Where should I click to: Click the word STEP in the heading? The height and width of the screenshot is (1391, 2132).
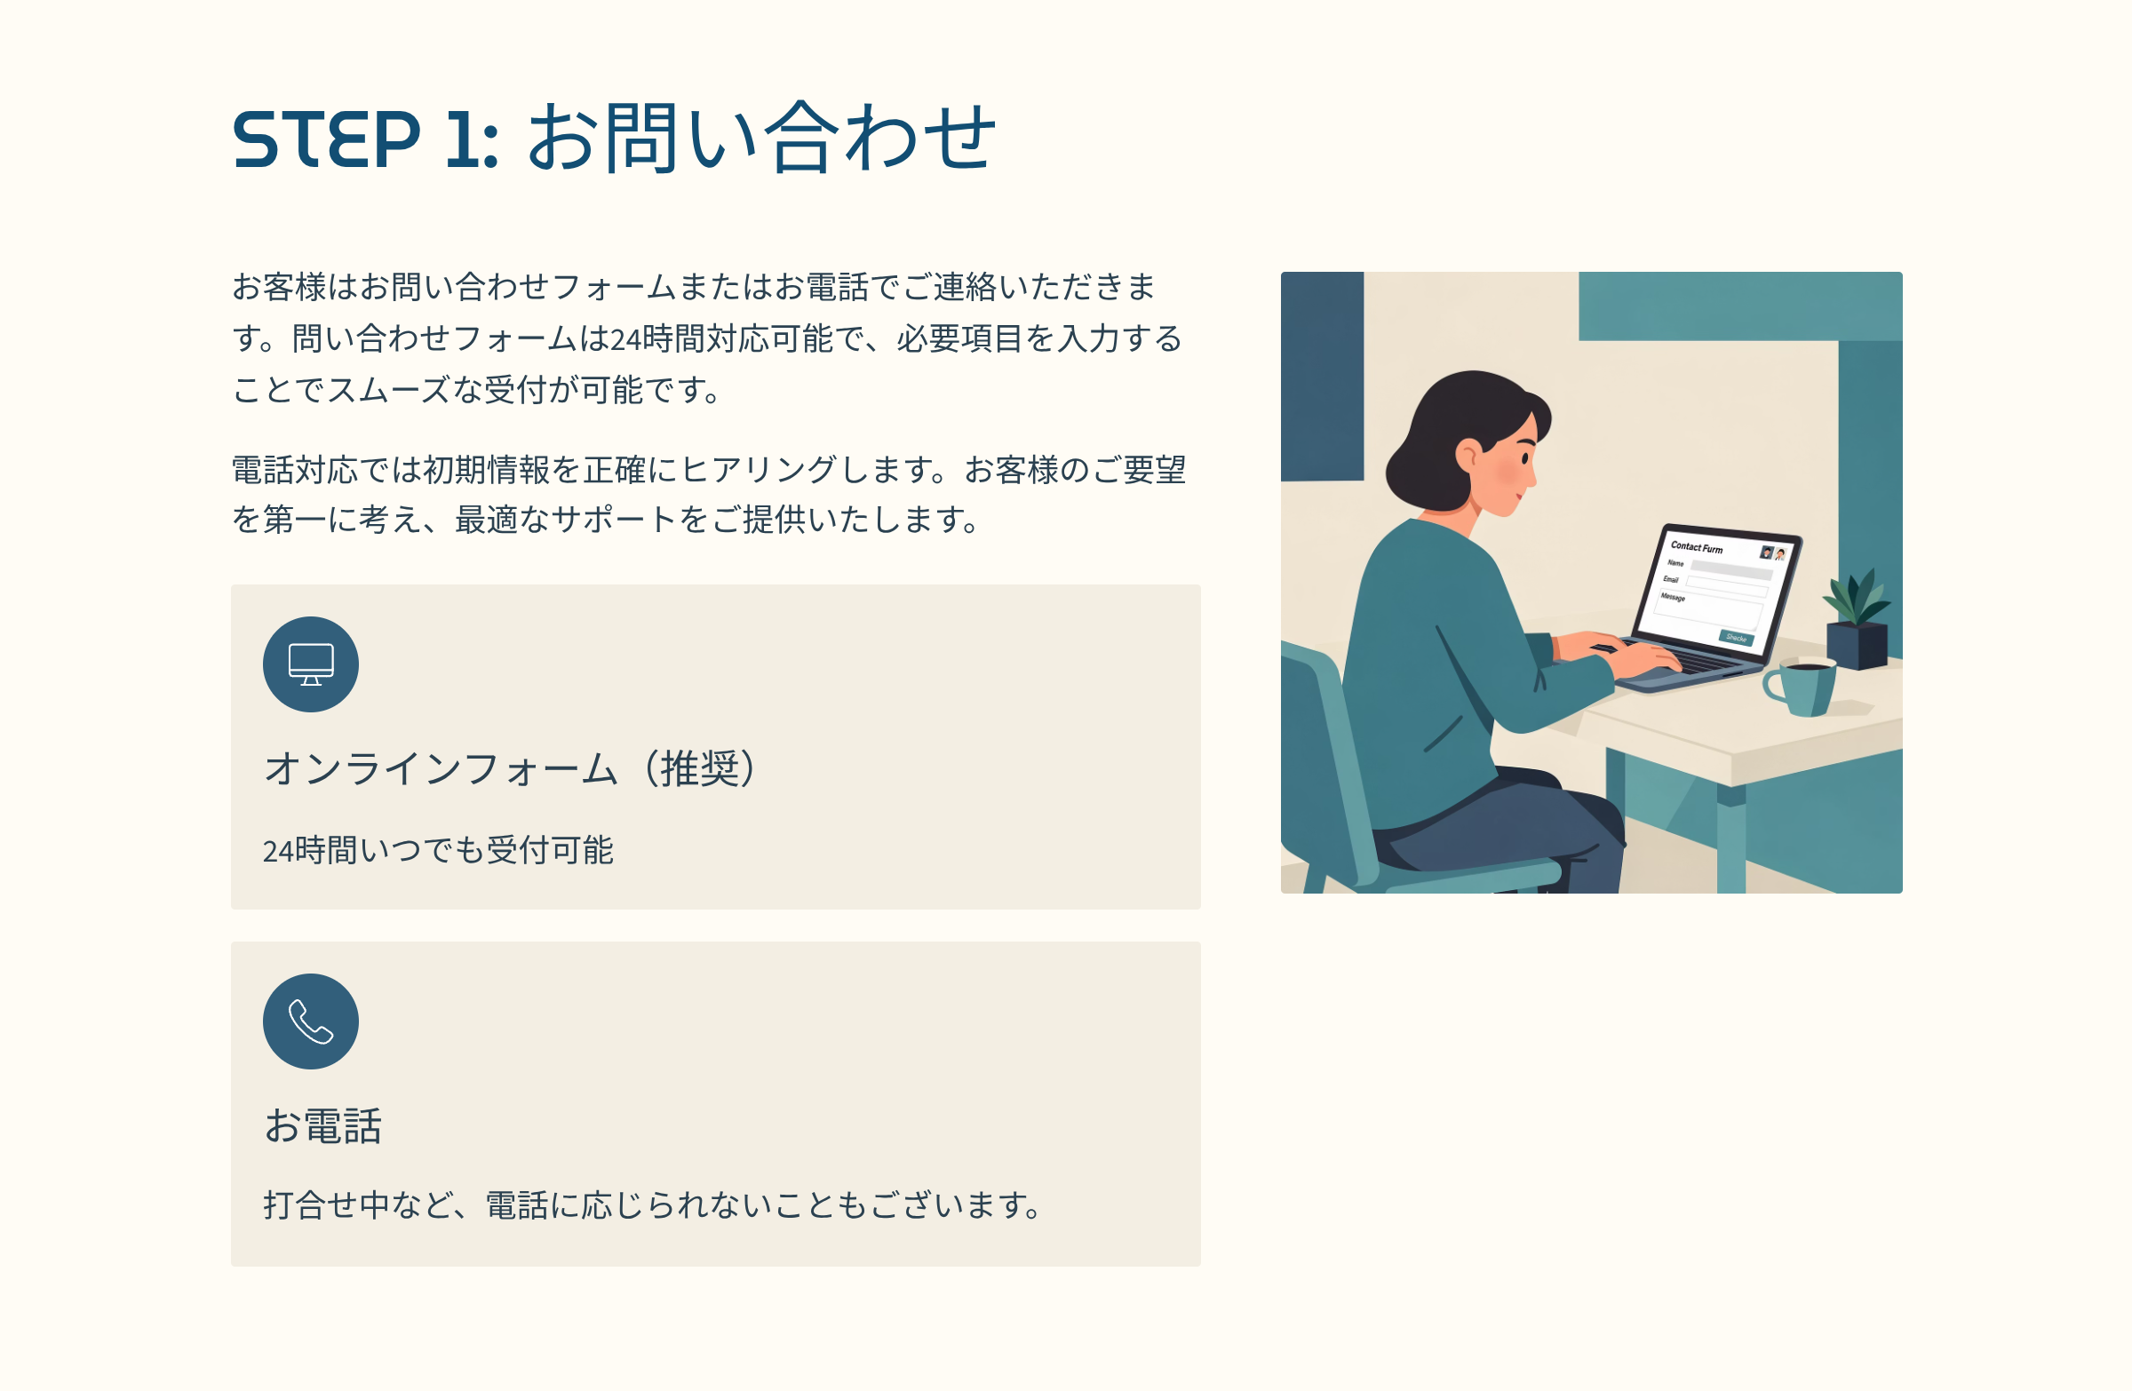326,139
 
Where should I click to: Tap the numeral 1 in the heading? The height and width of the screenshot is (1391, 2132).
460,139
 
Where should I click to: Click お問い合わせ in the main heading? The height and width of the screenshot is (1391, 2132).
761,137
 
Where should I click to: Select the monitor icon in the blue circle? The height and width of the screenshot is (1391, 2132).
311,664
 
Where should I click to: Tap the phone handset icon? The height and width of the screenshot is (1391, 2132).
311,1022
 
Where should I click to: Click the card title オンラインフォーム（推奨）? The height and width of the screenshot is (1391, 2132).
511,768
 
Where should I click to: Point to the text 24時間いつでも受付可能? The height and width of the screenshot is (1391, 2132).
438,850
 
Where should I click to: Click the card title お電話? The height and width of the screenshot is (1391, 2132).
323,1126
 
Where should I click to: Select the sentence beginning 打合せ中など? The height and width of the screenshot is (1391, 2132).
653,1205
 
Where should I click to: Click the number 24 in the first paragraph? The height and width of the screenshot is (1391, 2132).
625,339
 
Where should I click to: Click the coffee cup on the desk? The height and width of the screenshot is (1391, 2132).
1800,686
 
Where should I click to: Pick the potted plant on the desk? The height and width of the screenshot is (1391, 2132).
1858,619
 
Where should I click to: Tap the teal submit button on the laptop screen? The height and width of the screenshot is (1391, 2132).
1736,638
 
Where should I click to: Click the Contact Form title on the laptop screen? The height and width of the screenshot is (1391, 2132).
1697,547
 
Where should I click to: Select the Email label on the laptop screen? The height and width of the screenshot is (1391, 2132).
1671,579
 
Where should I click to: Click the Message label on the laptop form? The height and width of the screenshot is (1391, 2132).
1673,597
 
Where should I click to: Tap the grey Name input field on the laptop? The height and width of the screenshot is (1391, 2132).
1731,568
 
